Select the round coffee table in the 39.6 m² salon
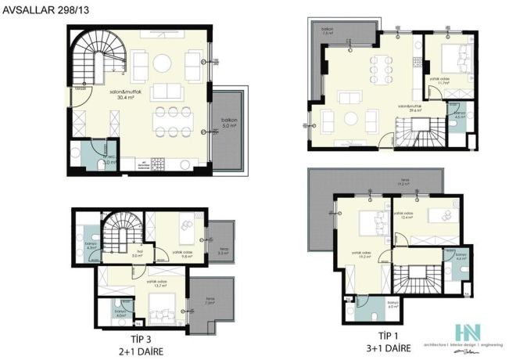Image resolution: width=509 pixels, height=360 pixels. point(349,118)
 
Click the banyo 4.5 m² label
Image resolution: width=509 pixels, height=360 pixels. point(461,118)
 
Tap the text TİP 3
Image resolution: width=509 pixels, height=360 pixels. point(141,331)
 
